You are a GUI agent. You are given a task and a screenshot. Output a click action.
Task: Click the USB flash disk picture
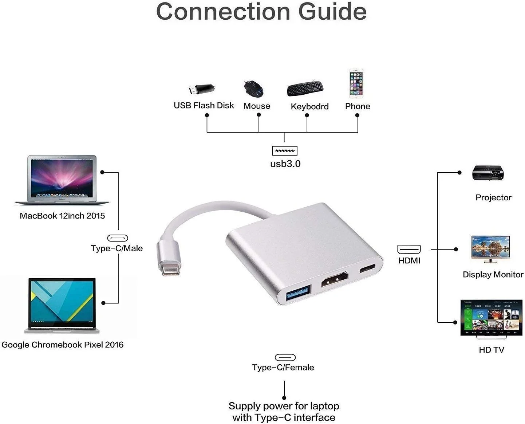coord(202,89)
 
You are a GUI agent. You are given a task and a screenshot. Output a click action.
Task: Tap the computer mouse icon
coord(253,89)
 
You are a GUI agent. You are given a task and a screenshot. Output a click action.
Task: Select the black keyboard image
coord(305,89)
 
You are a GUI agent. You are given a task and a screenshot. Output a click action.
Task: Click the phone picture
coord(356,83)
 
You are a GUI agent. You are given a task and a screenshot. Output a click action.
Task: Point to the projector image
coord(488,173)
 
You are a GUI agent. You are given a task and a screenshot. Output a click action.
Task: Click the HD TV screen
coord(491,317)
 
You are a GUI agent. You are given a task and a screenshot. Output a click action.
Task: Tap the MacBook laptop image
coord(62,180)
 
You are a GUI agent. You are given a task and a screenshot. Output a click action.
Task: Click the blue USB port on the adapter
coord(298,293)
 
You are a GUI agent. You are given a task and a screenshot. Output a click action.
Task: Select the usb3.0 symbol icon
coord(285,151)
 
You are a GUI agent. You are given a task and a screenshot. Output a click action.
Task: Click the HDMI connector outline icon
coord(408,250)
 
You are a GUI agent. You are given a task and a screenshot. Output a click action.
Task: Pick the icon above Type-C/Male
coord(118,238)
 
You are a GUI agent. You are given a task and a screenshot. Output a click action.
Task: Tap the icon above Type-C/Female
coord(285,357)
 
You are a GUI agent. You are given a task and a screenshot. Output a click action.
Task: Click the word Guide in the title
coord(332,12)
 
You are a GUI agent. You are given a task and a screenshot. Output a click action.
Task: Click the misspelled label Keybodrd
coord(309,106)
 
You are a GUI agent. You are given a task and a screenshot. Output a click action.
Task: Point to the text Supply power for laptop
coord(284,406)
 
